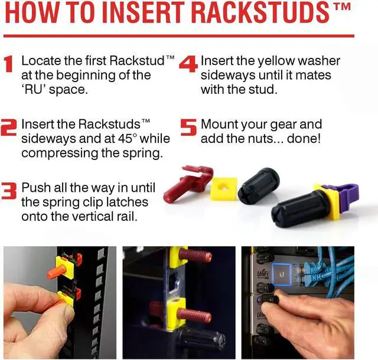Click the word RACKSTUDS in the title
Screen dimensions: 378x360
point(260,12)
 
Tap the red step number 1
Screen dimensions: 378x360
point(9,64)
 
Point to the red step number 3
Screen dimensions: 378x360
point(9,191)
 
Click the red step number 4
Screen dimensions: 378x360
point(189,64)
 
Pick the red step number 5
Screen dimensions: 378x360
point(188,127)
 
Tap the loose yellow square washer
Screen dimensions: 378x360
point(224,189)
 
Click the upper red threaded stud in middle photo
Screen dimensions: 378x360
point(195,256)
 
